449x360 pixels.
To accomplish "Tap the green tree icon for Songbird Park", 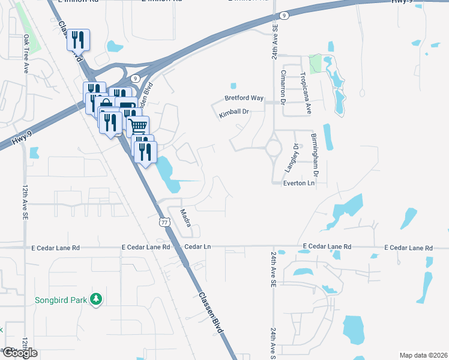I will point(95,299).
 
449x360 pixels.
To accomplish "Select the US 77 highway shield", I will point(164,222).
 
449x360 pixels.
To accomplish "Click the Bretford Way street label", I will point(244,98).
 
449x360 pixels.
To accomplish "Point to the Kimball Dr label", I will point(234,112).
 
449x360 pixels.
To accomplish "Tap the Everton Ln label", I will point(299,183).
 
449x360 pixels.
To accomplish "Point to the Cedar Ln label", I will point(198,247).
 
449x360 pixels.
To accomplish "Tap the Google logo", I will point(19,353).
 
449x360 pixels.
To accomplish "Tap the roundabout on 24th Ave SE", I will point(274,146).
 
